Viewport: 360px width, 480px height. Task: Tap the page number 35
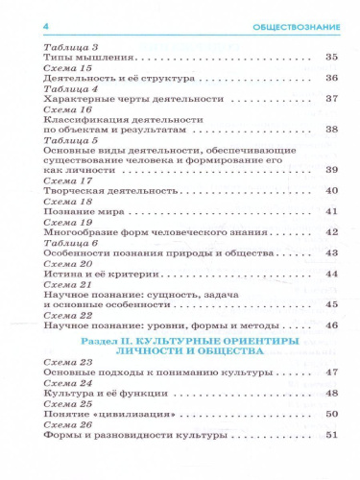click(332, 58)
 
